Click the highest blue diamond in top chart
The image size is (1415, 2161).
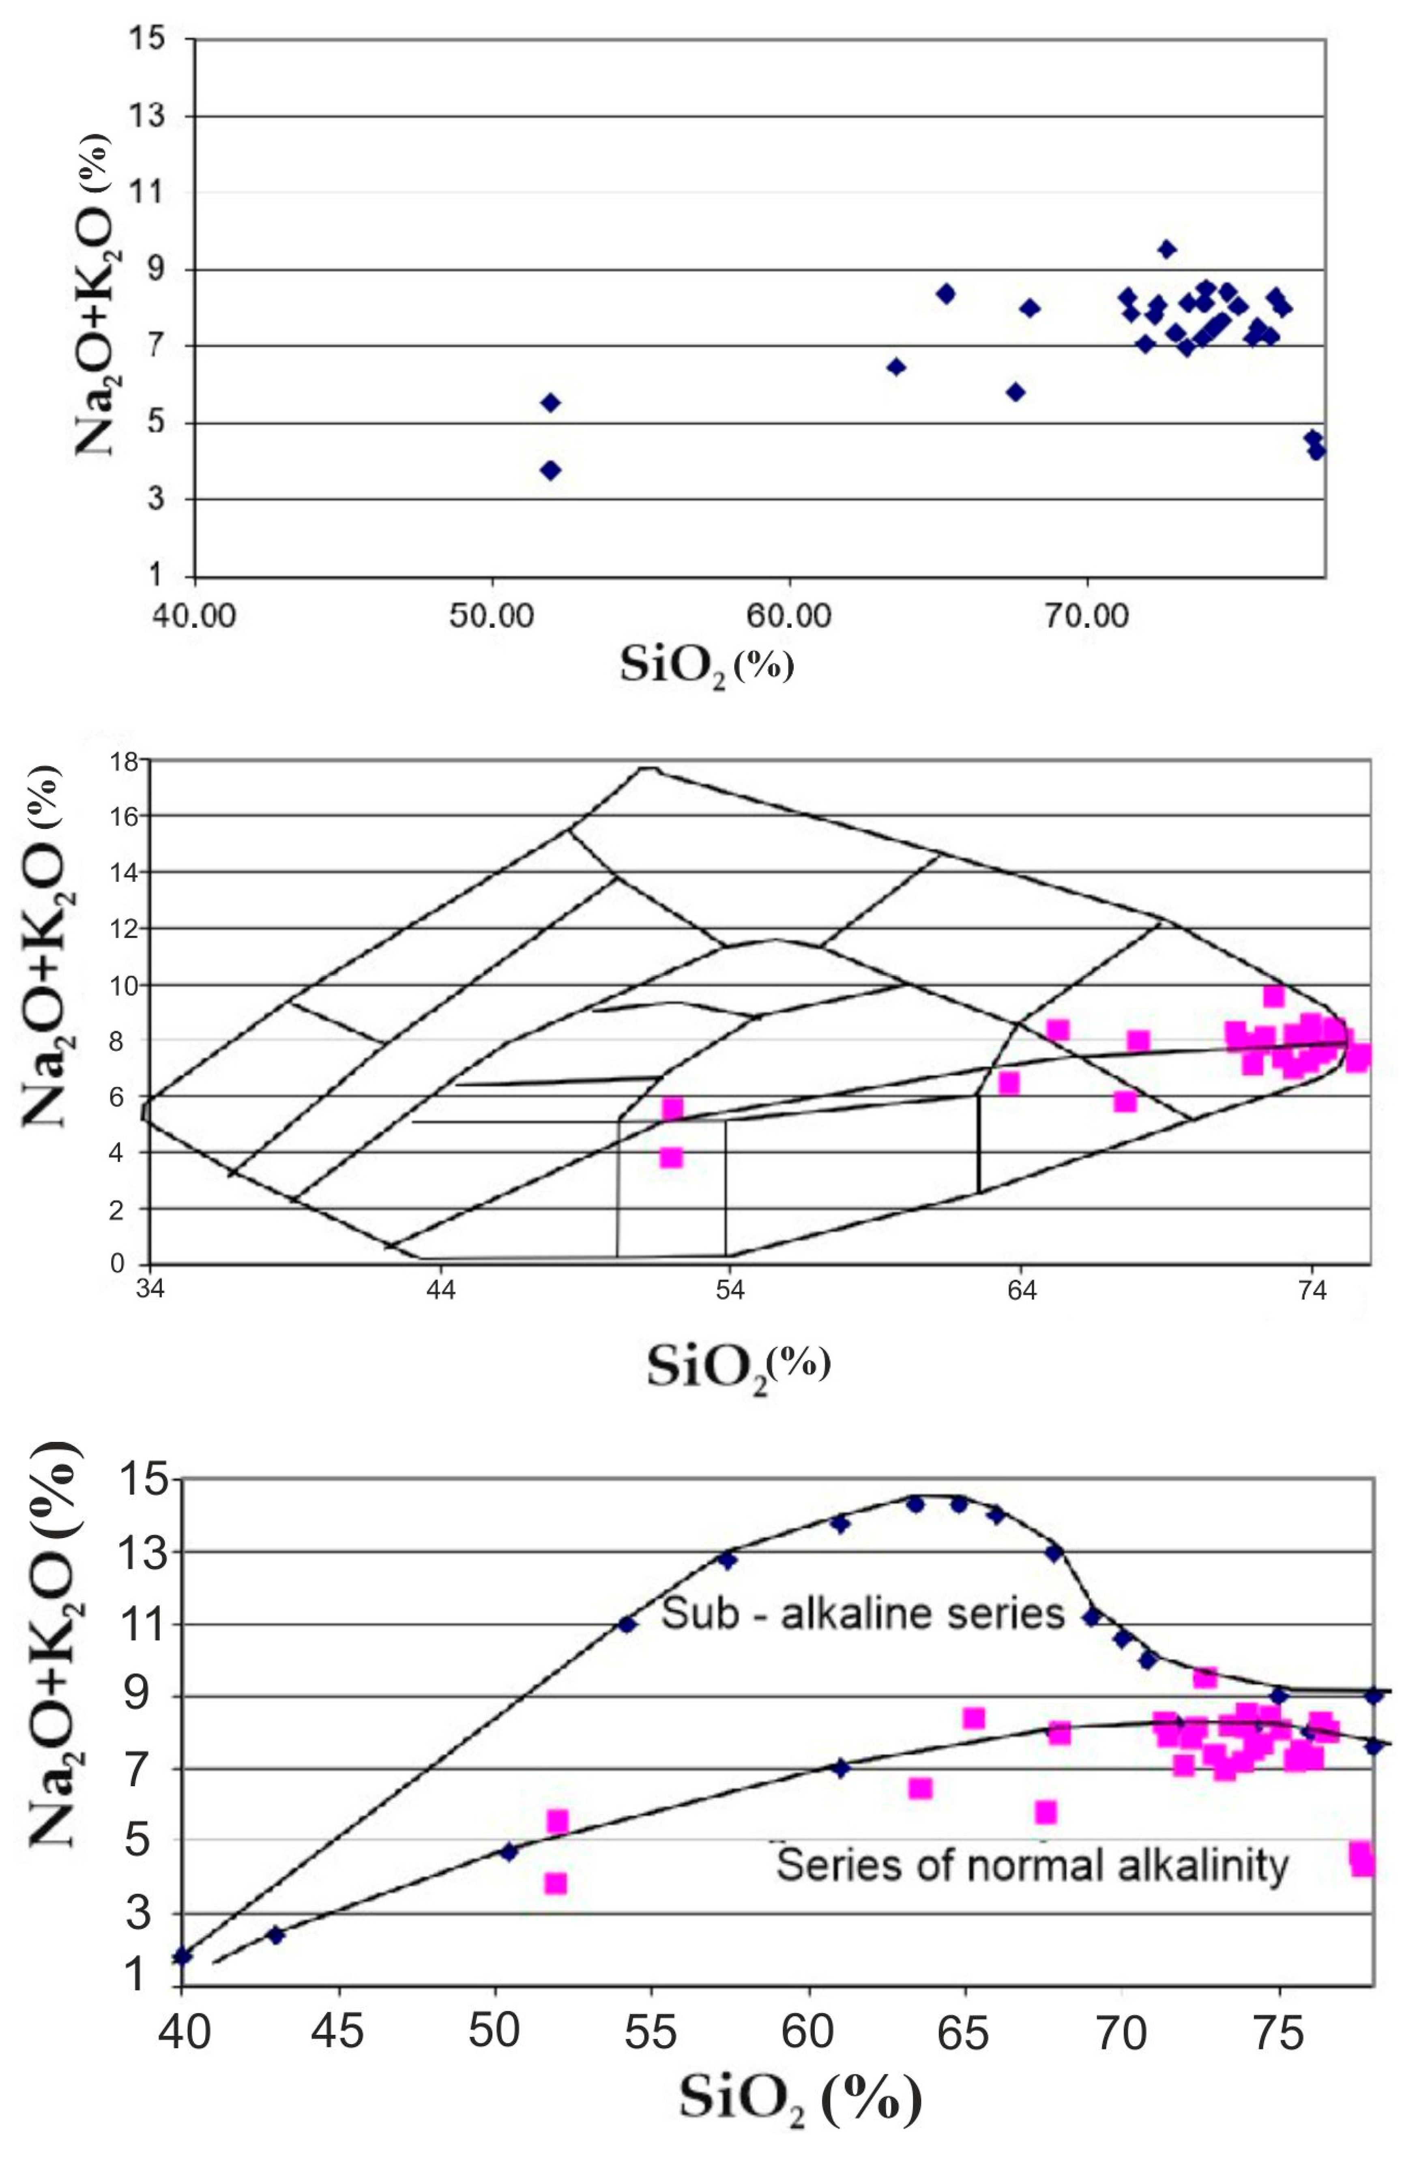1167,249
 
